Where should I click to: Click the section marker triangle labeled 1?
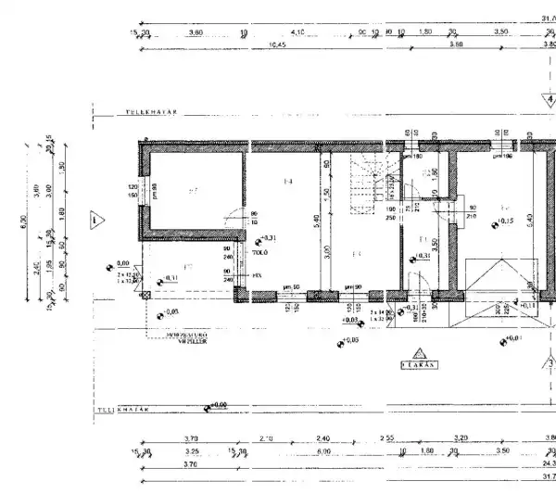click(95, 221)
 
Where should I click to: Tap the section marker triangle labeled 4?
click(548, 98)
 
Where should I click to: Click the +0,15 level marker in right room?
click(505, 222)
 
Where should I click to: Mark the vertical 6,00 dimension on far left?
click(25, 221)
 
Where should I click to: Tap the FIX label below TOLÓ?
click(257, 275)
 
